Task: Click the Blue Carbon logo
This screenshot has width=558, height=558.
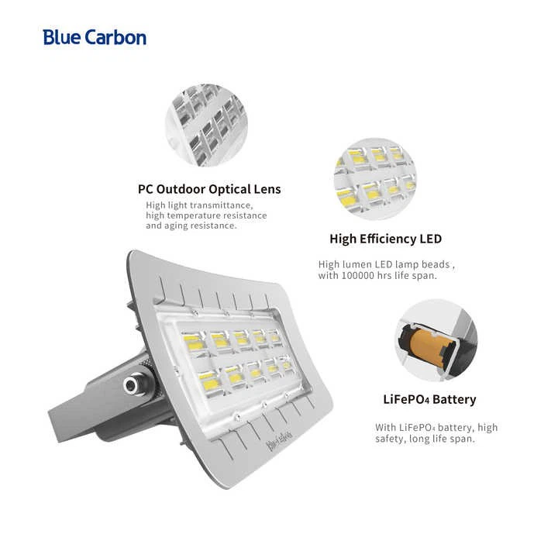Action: (95, 37)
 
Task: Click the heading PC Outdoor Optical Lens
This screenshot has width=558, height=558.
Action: (209, 189)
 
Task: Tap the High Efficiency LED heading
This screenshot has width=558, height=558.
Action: (385, 239)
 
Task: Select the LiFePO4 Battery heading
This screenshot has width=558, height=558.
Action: (429, 399)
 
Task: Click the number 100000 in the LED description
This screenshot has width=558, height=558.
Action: (358, 276)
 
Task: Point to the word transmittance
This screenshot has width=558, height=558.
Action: (222, 205)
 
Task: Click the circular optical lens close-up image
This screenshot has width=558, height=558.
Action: (206, 125)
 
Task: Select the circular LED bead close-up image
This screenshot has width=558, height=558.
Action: (375, 179)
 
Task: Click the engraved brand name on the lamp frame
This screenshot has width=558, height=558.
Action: (279, 439)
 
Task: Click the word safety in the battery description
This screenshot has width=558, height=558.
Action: (390, 439)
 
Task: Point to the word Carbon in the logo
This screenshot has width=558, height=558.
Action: (115, 37)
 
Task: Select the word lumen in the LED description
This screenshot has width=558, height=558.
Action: (357, 264)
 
